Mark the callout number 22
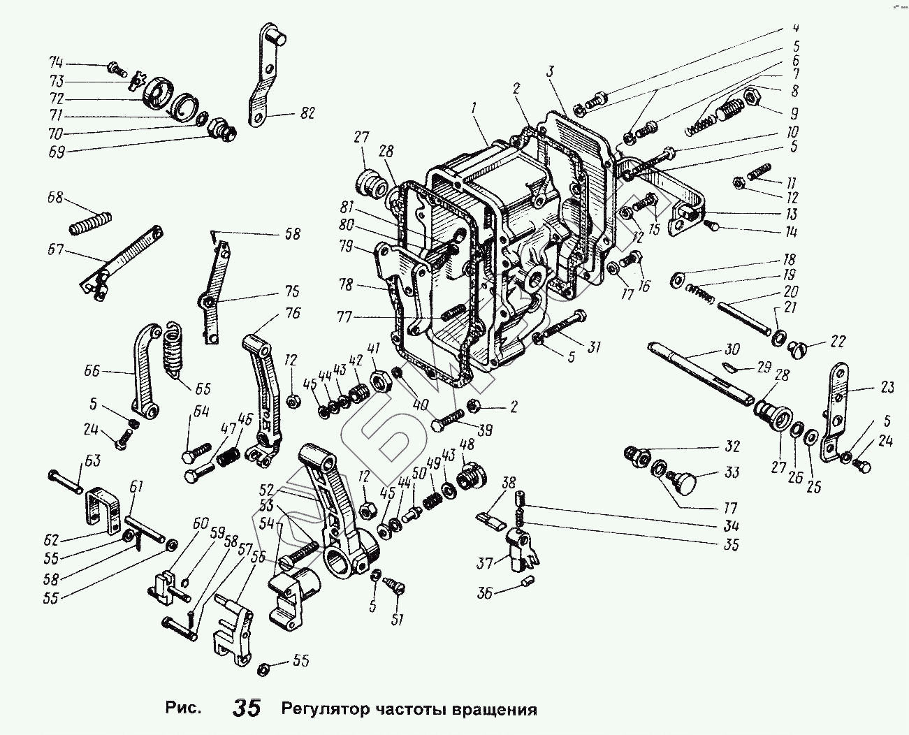click(x=837, y=342)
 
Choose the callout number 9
click(x=793, y=114)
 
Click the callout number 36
click(x=483, y=593)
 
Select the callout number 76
click(x=293, y=313)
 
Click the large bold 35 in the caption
click(x=247, y=708)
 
